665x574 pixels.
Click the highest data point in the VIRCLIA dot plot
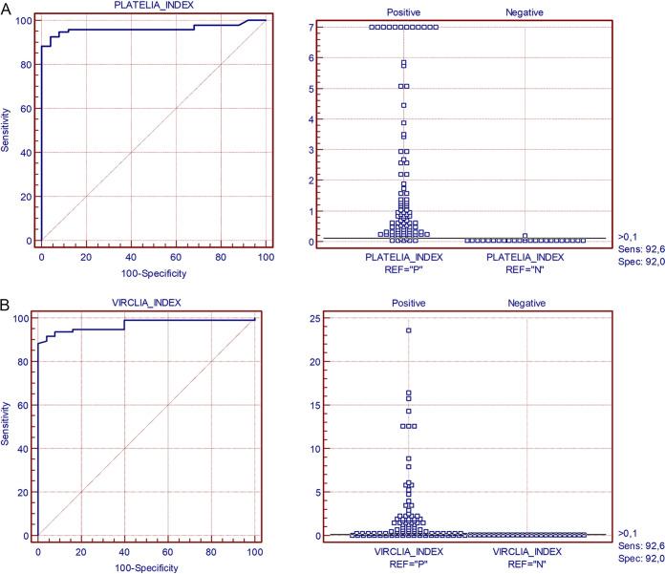(408, 330)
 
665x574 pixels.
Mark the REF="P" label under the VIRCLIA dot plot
(408, 566)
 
